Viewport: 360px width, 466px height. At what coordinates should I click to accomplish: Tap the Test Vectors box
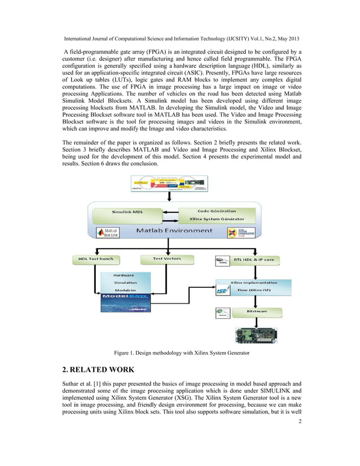[168, 259]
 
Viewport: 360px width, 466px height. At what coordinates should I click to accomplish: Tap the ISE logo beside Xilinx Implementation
[221, 292]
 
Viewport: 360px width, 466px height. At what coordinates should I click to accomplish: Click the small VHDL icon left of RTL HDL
[221, 261]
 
